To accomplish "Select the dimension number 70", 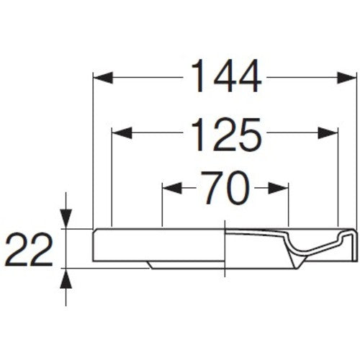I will [x=224, y=189].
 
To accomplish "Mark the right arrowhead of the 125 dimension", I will [x=330, y=132].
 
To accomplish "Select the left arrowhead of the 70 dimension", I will [x=170, y=189].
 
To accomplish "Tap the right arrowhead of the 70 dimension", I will [x=281, y=189].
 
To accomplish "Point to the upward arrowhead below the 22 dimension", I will [x=66, y=278].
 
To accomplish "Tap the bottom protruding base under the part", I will [x=187, y=264].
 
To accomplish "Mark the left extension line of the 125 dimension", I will [x=113, y=180].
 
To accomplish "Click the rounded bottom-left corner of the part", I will [x=96, y=257].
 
